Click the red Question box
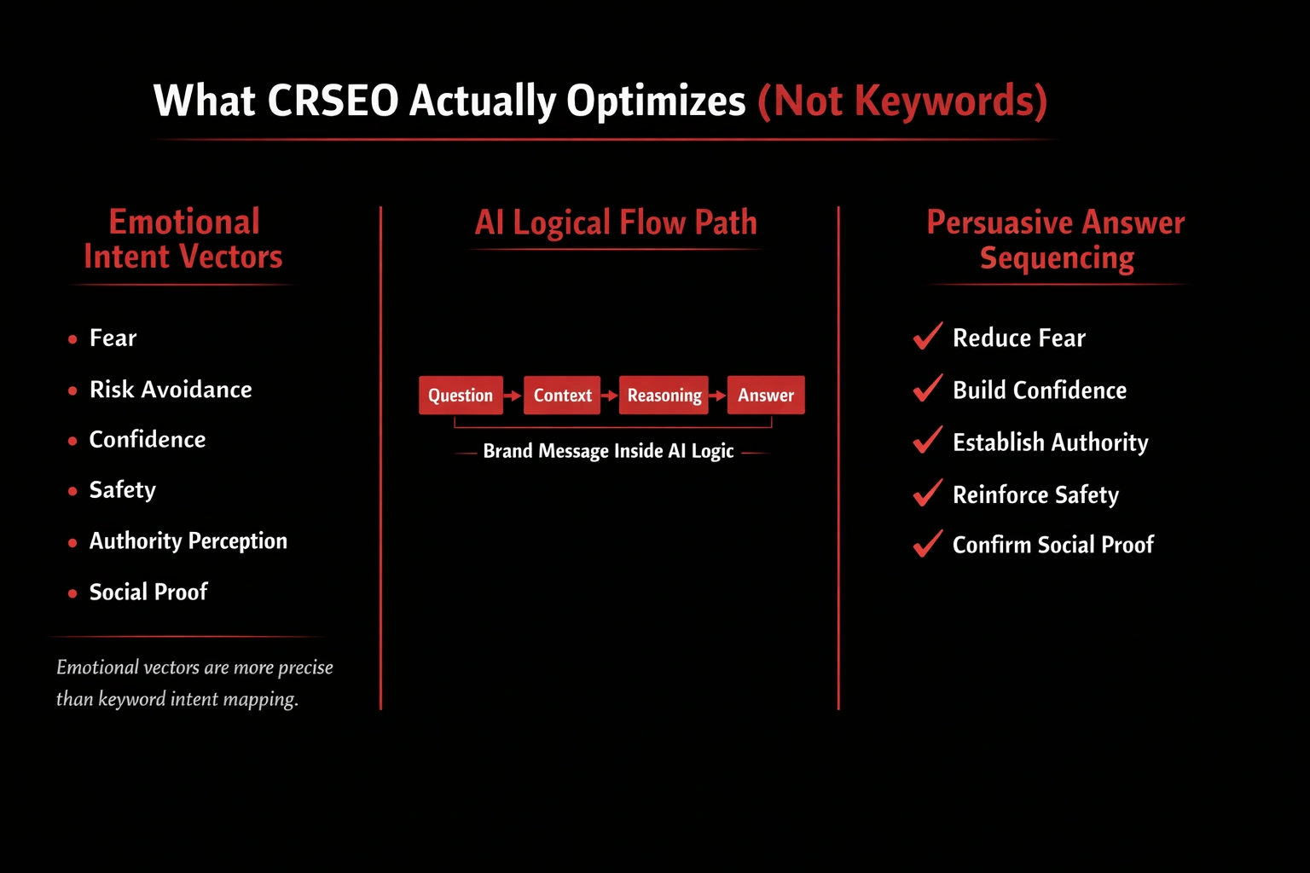[x=461, y=396]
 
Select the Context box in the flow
[x=562, y=396]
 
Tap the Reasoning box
[x=664, y=396]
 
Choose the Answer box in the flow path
[x=766, y=396]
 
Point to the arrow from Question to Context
[x=513, y=396]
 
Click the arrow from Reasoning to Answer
[x=717, y=396]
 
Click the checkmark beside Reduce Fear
[x=928, y=336]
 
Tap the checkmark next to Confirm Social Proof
[x=928, y=543]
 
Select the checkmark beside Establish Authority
[x=928, y=440]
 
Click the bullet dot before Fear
[x=72, y=339]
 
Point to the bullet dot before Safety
[x=72, y=491]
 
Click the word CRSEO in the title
[x=333, y=101]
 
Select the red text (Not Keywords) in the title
[x=902, y=101]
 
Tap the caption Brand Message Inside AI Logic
[x=608, y=451]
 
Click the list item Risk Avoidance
[x=171, y=390]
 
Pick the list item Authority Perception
[x=188, y=541]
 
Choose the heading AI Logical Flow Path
[x=616, y=223]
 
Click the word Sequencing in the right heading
[x=1057, y=257]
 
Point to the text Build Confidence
[x=1040, y=390]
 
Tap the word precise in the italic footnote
[x=305, y=668]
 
